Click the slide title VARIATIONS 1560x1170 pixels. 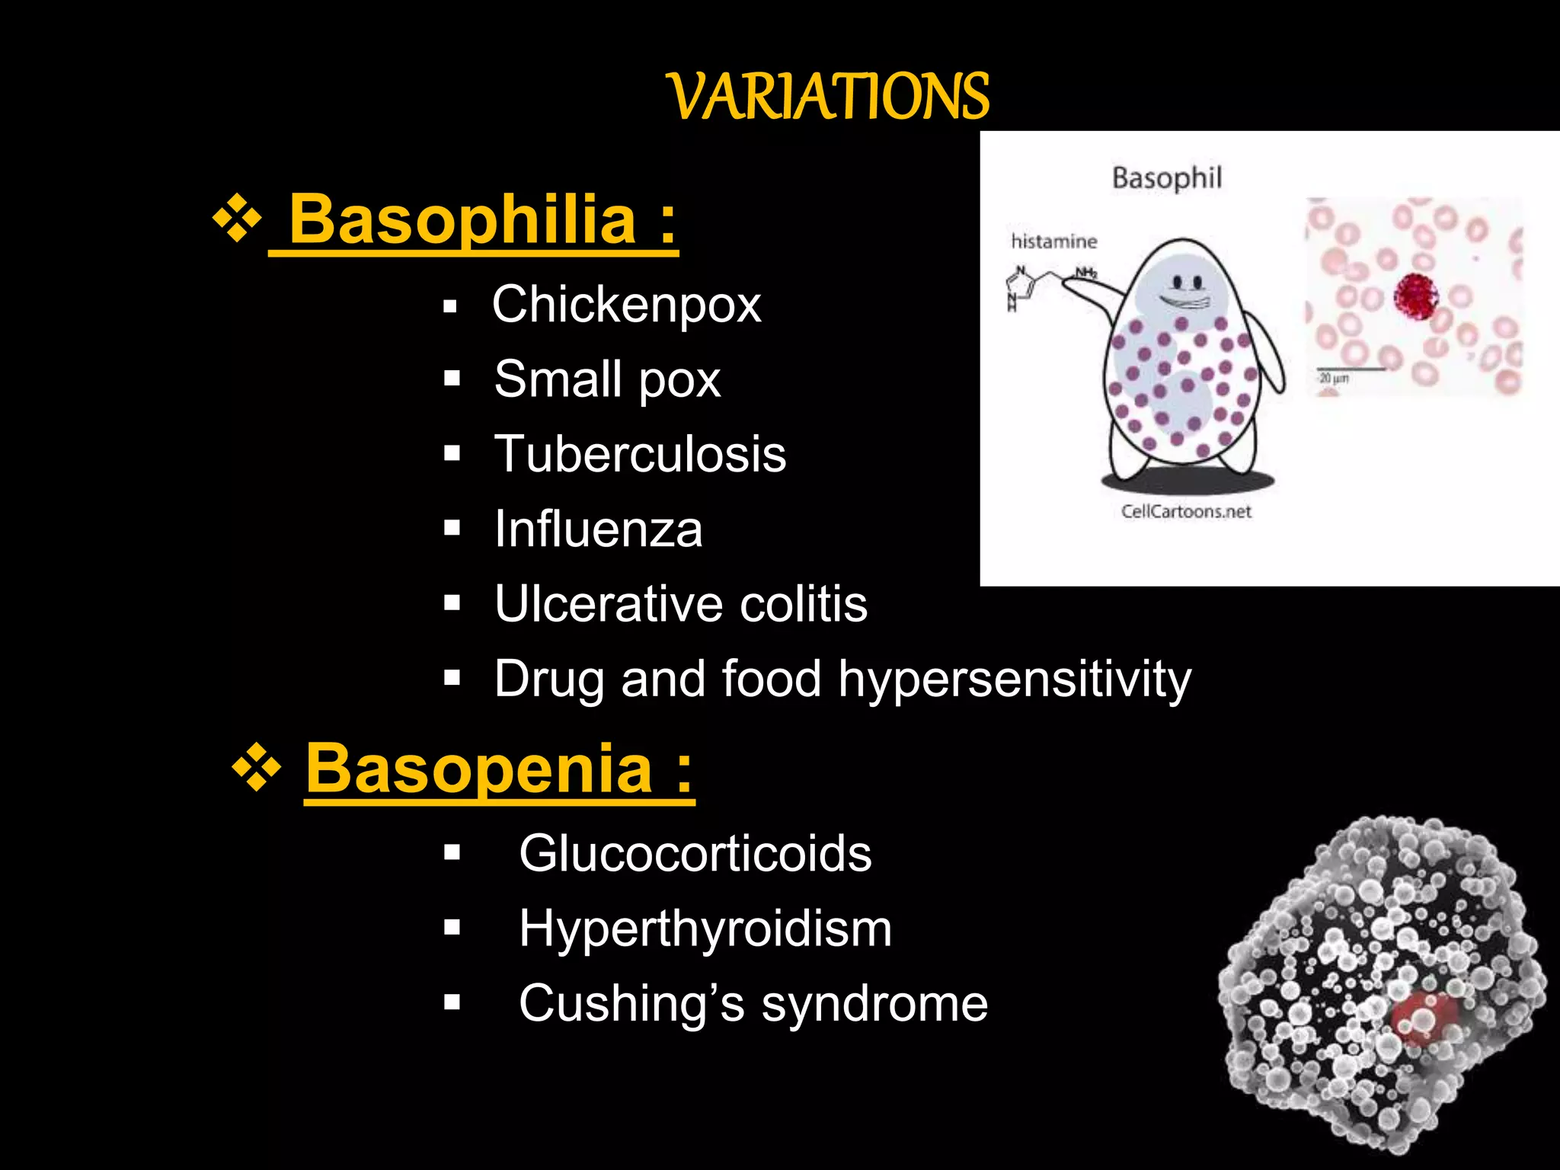click(829, 97)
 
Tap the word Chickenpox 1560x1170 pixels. click(626, 305)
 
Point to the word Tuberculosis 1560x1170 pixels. click(640, 454)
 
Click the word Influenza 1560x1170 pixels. click(598, 529)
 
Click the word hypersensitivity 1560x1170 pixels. click(1015, 679)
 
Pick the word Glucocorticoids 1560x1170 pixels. click(695, 853)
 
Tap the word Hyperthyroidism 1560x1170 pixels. click(705, 929)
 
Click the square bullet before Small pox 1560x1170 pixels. click(452, 379)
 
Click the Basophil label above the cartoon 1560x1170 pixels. click(1166, 178)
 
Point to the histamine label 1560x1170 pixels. click(1053, 241)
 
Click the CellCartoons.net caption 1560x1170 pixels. click(1186, 511)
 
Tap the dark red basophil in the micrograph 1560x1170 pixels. click(1415, 296)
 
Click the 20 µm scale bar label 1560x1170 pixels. click(1334, 378)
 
